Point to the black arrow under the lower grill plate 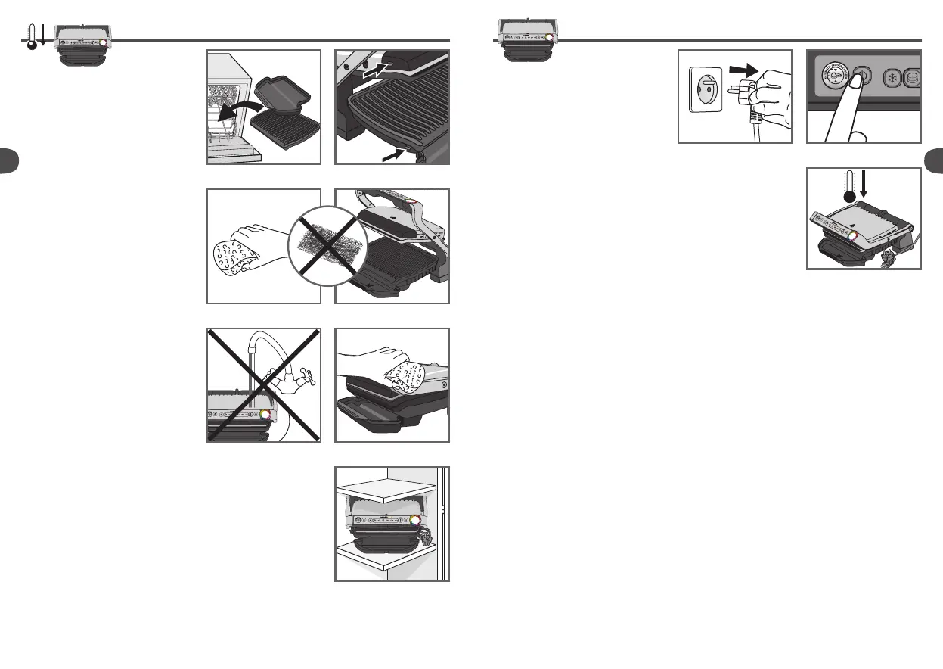coord(396,154)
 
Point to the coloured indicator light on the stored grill coord(414,521)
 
